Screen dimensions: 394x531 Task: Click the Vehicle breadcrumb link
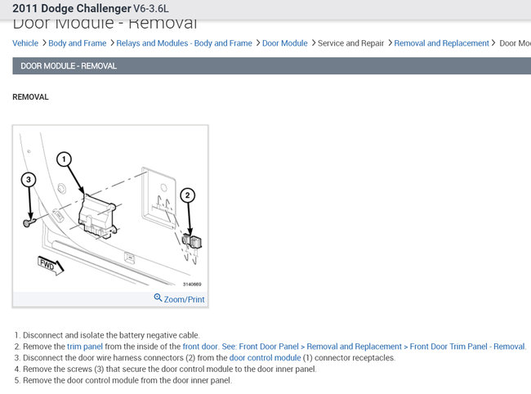click(x=25, y=43)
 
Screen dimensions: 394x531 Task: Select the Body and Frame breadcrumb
click(x=78, y=43)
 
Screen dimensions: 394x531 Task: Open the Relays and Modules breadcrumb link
click(x=184, y=43)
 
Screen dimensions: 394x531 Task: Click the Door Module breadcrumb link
click(x=284, y=43)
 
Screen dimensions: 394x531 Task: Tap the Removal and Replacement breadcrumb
click(x=441, y=43)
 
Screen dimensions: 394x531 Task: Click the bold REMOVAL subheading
click(x=31, y=97)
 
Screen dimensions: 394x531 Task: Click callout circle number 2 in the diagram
click(x=188, y=195)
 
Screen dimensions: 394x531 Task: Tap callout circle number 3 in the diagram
click(x=29, y=179)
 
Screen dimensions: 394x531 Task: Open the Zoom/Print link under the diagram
click(x=184, y=299)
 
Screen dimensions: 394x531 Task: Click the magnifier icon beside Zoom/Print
click(x=158, y=298)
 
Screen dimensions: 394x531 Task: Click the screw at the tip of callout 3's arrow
click(x=29, y=221)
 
